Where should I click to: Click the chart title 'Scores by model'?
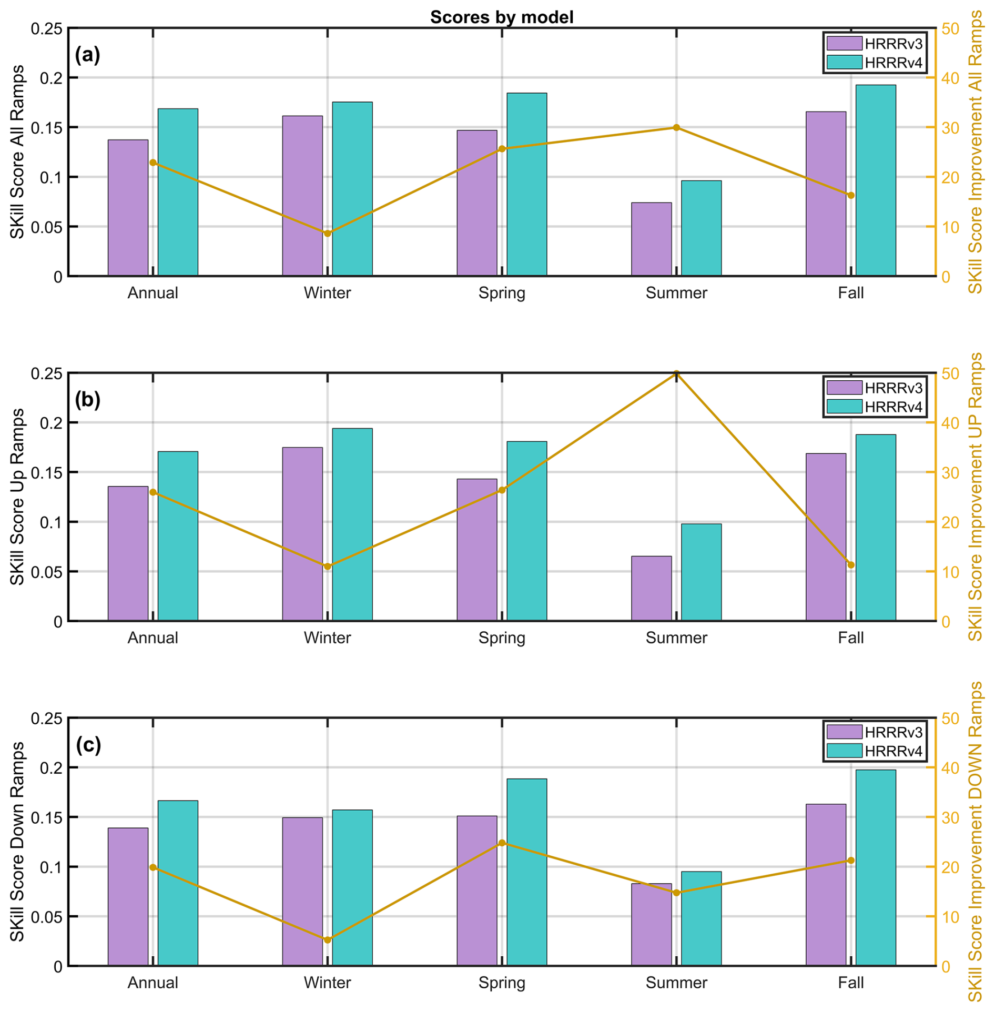click(501, 17)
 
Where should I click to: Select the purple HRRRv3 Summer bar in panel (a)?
click(651, 239)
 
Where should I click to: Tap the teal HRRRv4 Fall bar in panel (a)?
click(875, 180)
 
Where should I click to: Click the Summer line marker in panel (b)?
click(676, 373)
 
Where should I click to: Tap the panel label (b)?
click(87, 400)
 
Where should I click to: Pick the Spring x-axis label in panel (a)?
click(502, 293)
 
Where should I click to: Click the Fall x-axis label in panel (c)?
click(850, 983)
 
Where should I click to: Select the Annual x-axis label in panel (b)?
click(153, 638)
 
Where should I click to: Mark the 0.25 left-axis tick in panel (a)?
click(46, 29)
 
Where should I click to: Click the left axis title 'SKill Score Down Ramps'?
click(17, 842)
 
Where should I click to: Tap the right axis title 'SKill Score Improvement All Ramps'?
click(976, 153)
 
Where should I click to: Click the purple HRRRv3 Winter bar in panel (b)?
click(302, 534)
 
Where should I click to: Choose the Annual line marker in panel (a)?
click(153, 163)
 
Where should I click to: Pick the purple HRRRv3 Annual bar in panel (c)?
click(128, 896)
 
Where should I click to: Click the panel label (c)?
click(88, 745)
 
